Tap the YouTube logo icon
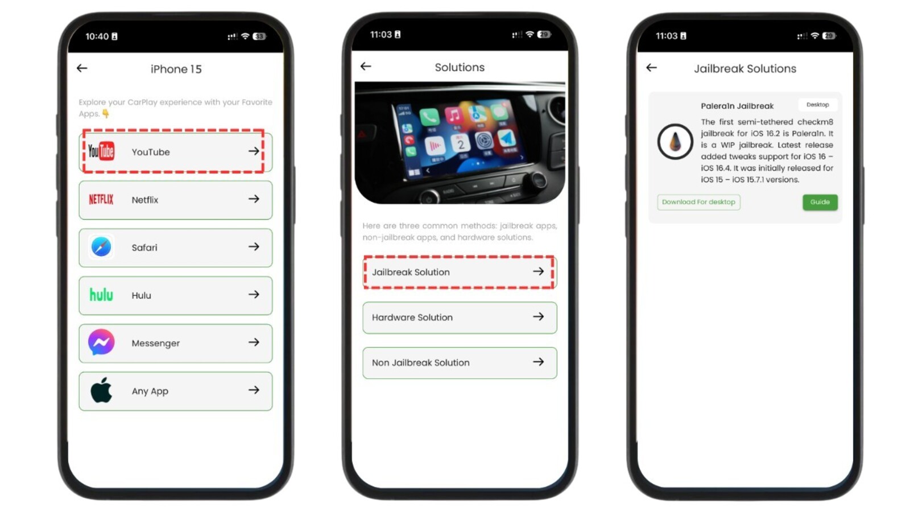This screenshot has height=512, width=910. coord(101,151)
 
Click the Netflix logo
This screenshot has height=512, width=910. coord(101,200)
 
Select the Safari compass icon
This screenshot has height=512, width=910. coord(101,247)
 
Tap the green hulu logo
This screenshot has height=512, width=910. coord(101,295)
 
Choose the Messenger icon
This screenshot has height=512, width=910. coord(101,342)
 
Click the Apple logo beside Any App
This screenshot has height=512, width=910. coord(101,390)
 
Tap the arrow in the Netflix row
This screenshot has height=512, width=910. coord(254,199)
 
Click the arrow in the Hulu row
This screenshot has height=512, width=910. coord(254,295)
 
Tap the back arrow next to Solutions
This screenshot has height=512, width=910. coord(366,66)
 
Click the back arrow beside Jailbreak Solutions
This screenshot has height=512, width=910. coord(651,68)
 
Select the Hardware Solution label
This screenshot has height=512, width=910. coord(412,317)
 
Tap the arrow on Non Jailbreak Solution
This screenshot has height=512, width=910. coord(538,362)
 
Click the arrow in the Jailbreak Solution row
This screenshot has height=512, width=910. coord(538,271)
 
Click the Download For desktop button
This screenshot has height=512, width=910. coord(698,202)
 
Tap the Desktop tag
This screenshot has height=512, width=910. coord(817,105)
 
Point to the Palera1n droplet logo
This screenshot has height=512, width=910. coord(675,142)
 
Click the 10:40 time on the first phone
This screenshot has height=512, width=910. coord(97,36)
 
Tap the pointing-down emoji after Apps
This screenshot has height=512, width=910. coord(106,114)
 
